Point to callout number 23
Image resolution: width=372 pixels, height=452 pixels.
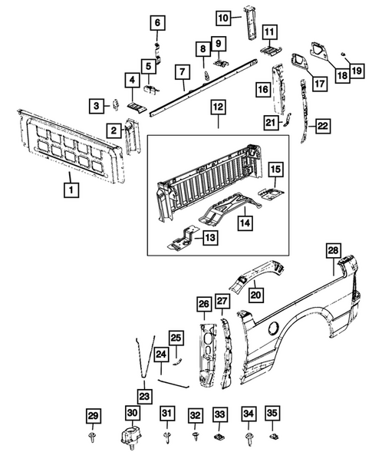click(x=144, y=397)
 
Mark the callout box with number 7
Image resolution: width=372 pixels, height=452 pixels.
click(x=182, y=73)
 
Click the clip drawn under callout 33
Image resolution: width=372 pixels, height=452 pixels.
click(x=219, y=438)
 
